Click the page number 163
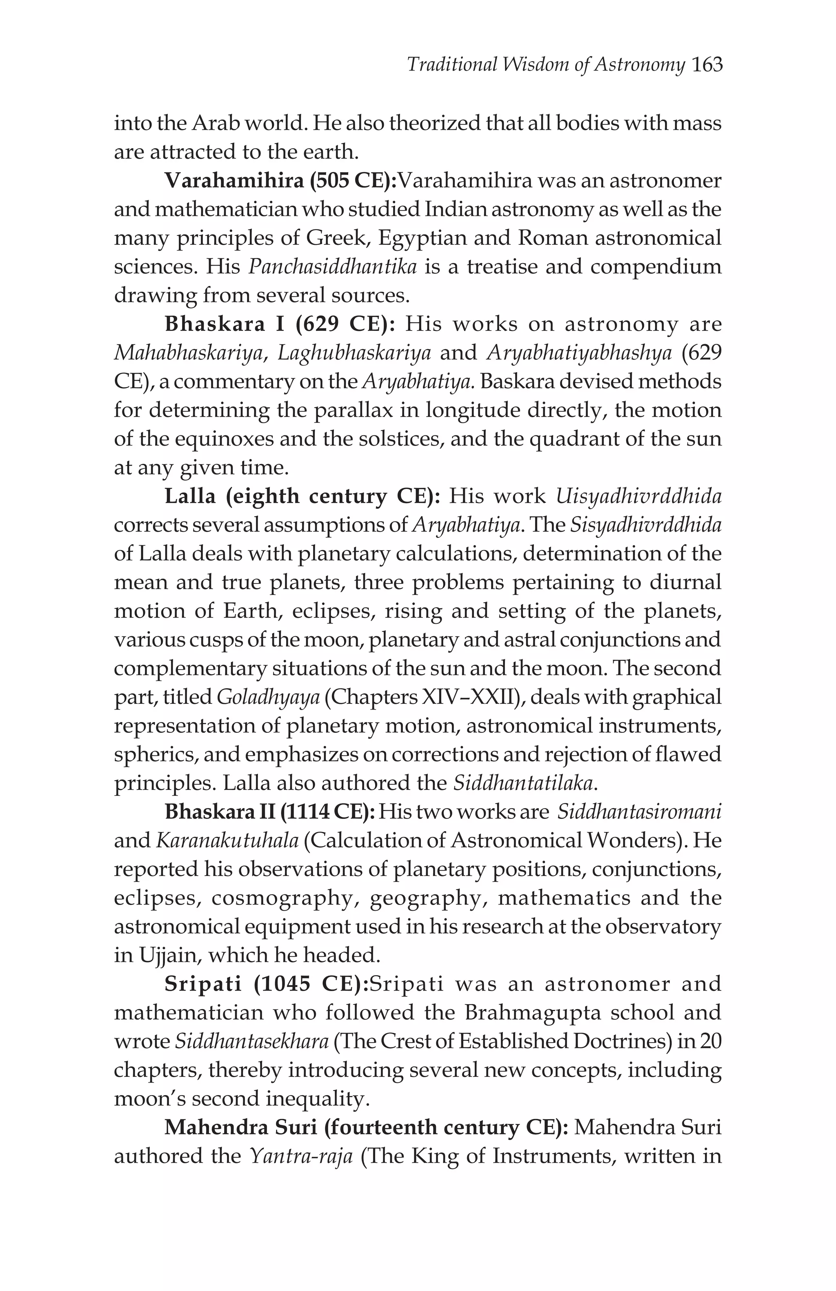pyautogui.click(x=707, y=65)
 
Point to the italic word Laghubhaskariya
pyautogui.click(x=354, y=353)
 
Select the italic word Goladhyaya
pyautogui.click(x=268, y=697)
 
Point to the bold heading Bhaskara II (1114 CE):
pyautogui.click(x=270, y=812)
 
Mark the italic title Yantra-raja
pyautogui.click(x=302, y=1156)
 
